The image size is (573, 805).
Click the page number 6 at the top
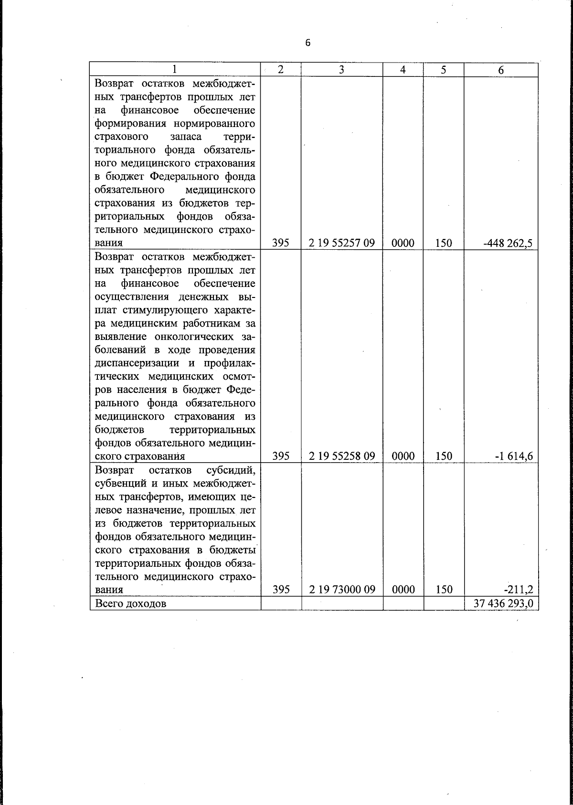pyautogui.click(x=308, y=43)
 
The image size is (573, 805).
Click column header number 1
pyautogui.click(x=175, y=69)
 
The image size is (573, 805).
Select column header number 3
pyautogui.click(x=341, y=69)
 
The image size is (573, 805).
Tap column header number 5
pyautogui.click(x=444, y=70)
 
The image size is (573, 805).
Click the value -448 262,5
pyautogui.click(x=508, y=243)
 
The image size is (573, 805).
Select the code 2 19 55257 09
pyautogui.click(x=341, y=243)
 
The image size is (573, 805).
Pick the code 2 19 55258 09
pyautogui.click(x=341, y=456)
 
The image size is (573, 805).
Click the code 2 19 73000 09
pyautogui.click(x=341, y=590)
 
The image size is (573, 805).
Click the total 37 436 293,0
pyautogui.click(x=503, y=604)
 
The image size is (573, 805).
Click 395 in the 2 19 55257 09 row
pyautogui.click(x=281, y=243)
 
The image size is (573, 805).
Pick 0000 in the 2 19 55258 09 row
pyautogui.click(x=403, y=456)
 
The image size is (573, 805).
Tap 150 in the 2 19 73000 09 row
pyautogui.click(x=444, y=590)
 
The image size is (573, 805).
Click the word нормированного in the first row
pyautogui.click(x=213, y=124)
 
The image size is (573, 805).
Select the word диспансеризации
pyautogui.click(x=136, y=363)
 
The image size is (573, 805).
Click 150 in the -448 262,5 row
pyautogui.click(x=444, y=243)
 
